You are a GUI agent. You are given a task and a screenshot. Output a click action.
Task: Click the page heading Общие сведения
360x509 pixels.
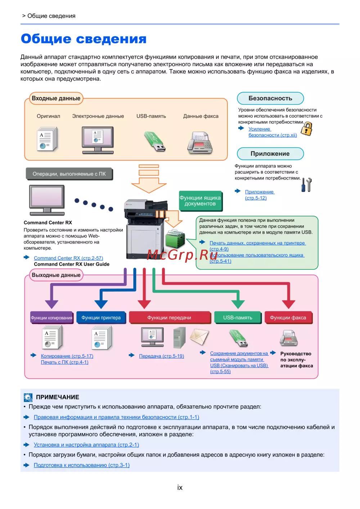(x=84, y=39)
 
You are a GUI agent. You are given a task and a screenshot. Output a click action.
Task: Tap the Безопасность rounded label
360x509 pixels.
(x=270, y=98)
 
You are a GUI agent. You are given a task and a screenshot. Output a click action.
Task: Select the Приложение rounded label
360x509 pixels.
(x=270, y=154)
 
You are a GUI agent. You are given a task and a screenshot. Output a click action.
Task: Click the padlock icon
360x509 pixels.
(x=307, y=129)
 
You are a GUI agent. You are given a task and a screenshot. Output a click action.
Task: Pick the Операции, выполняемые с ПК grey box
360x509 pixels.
(x=69, y=174)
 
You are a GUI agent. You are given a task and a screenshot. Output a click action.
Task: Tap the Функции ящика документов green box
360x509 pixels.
(x=200, y=201)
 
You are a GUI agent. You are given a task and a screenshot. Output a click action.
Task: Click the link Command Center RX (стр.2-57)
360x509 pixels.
(x=68, y=258)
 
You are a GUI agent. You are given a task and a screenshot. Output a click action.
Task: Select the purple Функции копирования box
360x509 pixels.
(x=51, y=318)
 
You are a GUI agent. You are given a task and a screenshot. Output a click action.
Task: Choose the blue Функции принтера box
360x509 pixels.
(x=101, y=318)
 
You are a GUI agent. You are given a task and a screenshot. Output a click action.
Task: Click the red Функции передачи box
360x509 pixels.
(x=169, y=318)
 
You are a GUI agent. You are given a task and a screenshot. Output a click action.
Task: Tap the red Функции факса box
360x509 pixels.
(x=288, y=318)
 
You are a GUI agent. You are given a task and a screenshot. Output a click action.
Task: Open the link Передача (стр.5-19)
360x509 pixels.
(x=161, y=356)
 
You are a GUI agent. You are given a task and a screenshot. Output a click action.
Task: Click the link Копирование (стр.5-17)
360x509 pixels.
(x=67, y=356)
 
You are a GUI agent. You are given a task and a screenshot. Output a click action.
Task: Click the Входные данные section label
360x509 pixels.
(x=56, y=98)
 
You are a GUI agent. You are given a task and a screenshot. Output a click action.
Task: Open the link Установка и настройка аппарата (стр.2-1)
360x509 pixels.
(x=86, y=445)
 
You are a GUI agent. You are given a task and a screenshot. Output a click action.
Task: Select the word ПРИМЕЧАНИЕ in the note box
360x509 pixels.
(x=58, y=397)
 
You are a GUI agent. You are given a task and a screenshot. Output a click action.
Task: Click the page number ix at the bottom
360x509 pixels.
(x=180, y=488)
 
